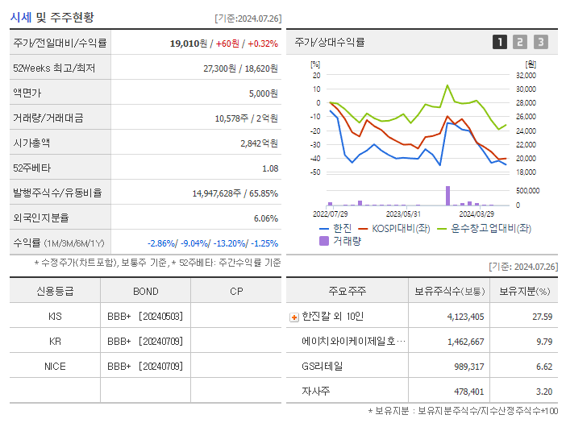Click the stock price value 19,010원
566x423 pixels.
188,43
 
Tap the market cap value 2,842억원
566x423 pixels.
259,143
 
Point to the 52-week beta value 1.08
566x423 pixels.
270,168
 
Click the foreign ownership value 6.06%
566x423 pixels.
265,218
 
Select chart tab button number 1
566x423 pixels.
500,42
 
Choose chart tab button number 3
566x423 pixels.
540,42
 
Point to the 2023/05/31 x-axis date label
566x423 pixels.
403,214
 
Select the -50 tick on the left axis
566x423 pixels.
316,172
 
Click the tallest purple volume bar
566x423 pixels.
447,196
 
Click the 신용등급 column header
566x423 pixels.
55,292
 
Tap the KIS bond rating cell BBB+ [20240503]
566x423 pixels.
145,317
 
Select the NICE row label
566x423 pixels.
55,366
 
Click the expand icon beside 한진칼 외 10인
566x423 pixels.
294,317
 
